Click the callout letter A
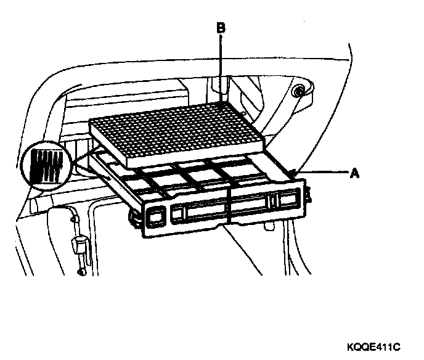click(354, 173)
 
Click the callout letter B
click(221, 28)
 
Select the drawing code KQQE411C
click(373, 347)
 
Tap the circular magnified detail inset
click(46, 165)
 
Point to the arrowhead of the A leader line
click(293, 172)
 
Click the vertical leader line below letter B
click(221, 68)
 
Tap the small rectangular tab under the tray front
click(269, 226)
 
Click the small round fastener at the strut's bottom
click(81, 271)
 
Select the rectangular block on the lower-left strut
click(79, 245)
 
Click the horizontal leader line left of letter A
click(322, 172)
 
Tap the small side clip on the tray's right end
click(308, 195)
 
